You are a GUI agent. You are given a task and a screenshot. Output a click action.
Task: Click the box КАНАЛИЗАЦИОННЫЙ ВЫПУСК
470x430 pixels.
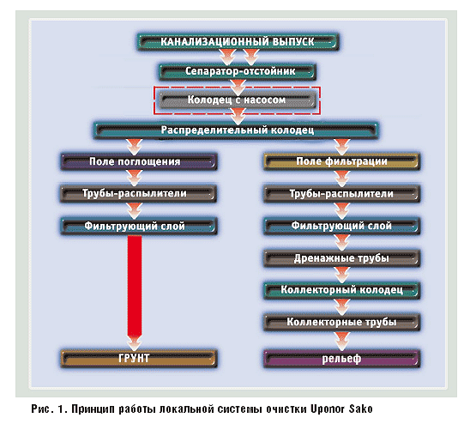coord(238,42)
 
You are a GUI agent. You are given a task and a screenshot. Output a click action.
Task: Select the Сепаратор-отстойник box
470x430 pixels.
coord(238,71)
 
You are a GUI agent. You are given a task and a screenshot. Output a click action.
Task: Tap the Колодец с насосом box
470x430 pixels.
coord(237,100)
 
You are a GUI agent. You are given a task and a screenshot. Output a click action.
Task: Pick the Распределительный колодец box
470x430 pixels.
coord(236,130)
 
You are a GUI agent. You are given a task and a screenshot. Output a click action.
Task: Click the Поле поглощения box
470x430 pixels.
coord(139,161)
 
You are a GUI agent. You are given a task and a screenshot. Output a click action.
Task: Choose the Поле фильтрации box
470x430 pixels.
coord(342,161)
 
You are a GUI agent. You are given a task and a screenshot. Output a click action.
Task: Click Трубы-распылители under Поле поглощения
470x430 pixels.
coord(138,193)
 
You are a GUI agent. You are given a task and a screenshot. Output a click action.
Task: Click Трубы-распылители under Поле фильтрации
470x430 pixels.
coord(342,194)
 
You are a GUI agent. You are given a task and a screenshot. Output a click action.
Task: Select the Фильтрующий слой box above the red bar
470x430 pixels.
coord(139,226)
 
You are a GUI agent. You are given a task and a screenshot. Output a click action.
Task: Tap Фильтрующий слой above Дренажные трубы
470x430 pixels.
coord(342,226)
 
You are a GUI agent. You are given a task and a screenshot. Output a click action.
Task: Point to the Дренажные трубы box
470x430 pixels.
coord(342,258)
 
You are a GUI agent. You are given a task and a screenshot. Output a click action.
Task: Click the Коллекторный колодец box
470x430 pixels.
coord(342,290)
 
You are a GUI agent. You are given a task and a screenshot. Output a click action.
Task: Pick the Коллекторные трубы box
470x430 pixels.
coord(342,322)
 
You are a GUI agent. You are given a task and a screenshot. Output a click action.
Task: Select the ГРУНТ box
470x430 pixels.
coord(139,359)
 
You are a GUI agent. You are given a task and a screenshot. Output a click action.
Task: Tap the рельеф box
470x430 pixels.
coord(342,359)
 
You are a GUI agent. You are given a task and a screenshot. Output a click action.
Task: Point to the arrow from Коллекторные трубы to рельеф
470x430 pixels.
coord(342,340)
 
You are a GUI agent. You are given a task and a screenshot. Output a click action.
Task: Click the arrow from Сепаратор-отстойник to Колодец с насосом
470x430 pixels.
coord(238,86)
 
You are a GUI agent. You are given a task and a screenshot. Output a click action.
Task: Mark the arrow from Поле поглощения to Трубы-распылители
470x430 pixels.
coord(135,178)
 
